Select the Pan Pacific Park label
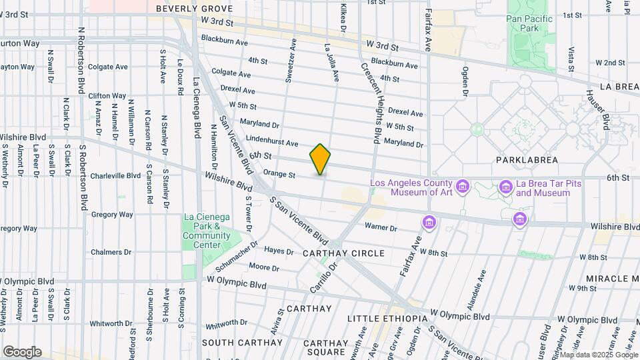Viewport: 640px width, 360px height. click(x=529, y=24)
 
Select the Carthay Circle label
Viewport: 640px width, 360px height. click(x=343, y=253)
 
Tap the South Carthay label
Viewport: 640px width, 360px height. click(x=230, y=342)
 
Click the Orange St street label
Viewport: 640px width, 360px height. click(x=279, y=175)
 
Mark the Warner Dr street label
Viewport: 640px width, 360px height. click(x=381, y=228)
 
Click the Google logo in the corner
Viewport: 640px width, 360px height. click(x=22, y=351)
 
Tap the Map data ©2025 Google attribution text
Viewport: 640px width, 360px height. click(x=598, y=355)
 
